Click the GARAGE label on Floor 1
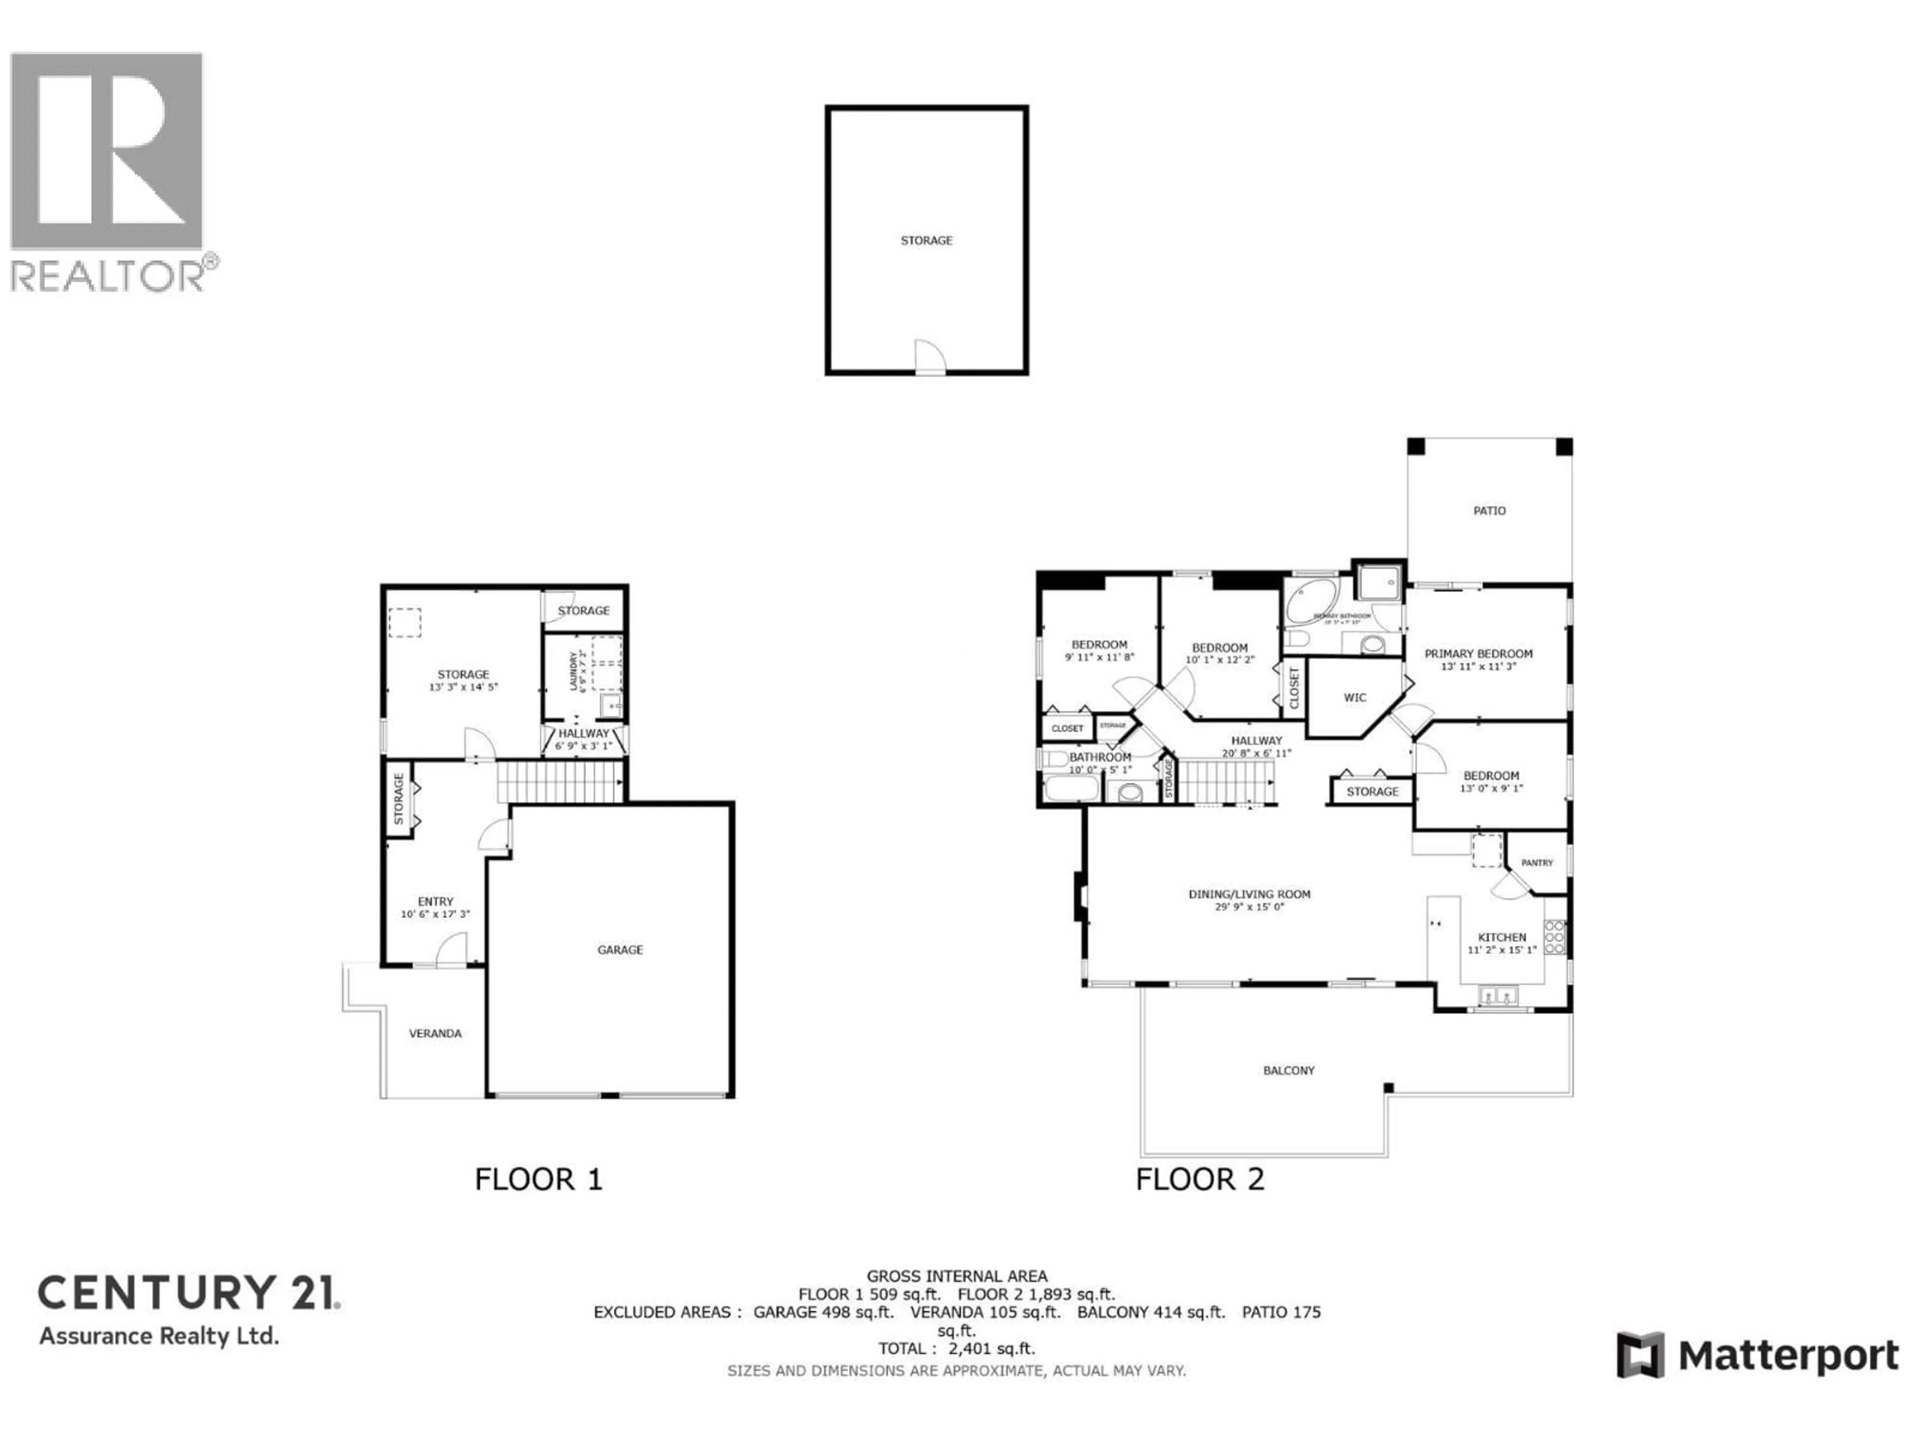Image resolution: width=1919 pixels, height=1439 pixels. coord(619,950)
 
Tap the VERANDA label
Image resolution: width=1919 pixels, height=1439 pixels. coord(435,1033)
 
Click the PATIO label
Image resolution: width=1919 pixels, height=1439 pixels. coord(1489,511)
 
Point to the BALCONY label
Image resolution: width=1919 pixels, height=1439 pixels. coord(1288,1070)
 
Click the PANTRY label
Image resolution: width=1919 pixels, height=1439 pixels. coord(1536,862)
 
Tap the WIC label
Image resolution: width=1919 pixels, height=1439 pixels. coord(1354,698)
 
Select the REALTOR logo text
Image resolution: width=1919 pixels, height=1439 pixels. coord(108,277)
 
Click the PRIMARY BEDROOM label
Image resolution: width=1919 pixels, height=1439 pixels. coord(1478,654)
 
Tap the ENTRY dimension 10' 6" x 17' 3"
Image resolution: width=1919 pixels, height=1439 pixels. coord(435,914)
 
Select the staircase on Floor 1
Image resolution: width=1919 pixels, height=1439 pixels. coord(560,781)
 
